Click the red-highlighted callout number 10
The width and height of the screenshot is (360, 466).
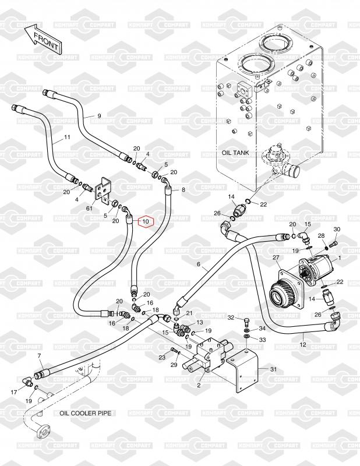(x=145, y=221)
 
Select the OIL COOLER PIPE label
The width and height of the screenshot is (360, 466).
(x=85, y=413)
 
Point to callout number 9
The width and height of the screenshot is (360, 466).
(x=99, y=116)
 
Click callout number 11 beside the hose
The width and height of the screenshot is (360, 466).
(x=67, y=137)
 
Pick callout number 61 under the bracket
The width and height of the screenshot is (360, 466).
(x=89, y=207)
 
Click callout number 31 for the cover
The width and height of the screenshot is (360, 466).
(x=274, y=369)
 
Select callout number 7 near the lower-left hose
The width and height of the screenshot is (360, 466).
(x=40, y=355)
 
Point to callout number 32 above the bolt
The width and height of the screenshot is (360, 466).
(x=231, y=317)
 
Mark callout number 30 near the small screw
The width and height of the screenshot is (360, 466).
(x=336, y=229)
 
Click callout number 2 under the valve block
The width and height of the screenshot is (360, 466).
(x=199, y=384)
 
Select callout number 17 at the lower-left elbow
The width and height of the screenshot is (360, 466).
(x=13, y=392)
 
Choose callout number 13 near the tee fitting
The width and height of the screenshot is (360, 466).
(x=200, y=322)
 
